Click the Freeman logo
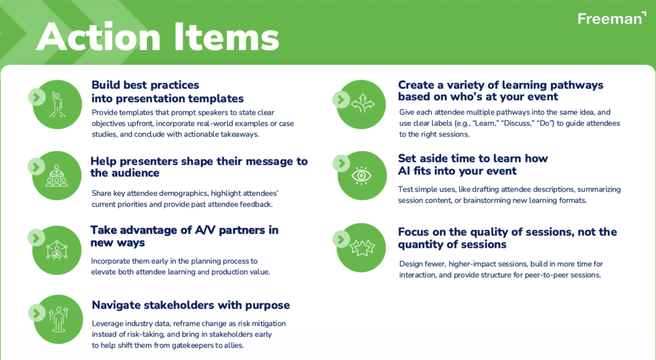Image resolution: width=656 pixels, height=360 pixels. click(x=611, y=18)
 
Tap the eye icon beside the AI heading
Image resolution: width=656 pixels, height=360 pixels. click(x=361, y=176)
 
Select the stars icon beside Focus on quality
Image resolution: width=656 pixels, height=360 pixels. click(x=362, y=248)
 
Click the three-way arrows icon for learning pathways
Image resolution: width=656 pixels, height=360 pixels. click(x=362, y=103)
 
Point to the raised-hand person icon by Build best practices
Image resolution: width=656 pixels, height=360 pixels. click(x=57, y=104)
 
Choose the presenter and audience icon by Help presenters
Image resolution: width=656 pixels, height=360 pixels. click(x=56, y=176)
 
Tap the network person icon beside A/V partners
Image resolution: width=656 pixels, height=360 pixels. click(x=57, y=250)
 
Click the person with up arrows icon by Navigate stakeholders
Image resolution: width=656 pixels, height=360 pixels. click(x=58, y=320)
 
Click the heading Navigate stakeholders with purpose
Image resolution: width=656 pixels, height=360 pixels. click(x=191, y=305)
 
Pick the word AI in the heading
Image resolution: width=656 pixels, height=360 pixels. click(x=404, y=171)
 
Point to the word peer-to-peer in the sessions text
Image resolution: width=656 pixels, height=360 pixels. click(x=549, y=275)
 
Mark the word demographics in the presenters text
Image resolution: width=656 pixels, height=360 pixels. click(x=184, y=193)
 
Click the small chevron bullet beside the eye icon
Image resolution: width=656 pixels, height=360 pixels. click(x=341, y=163)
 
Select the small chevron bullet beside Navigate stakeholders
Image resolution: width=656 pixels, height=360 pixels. click(x=37, y=313)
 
